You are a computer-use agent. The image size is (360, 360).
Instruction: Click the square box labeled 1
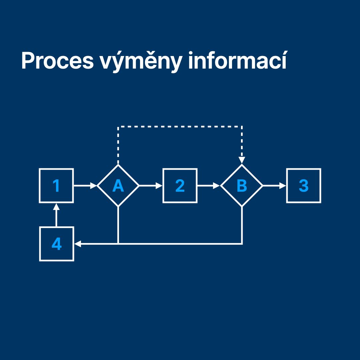pos(56,186)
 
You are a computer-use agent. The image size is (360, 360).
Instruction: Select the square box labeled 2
pos(180,186)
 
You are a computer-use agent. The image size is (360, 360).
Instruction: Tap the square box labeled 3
pos(303,186)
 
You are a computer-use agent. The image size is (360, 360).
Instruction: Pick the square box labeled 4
pos(56,244)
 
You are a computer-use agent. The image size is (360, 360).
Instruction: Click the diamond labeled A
pos(118,186)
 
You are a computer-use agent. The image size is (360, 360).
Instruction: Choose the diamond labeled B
pos(242,186)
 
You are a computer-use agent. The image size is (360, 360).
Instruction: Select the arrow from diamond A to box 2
pos(150,186)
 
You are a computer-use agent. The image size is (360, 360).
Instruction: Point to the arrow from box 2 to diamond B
pos(208,186)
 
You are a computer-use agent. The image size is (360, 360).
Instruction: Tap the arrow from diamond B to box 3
pos(274,186)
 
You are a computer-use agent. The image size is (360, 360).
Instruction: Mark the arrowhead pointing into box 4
pos(77,244)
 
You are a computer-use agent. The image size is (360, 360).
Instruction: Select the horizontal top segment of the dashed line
pos(180,127)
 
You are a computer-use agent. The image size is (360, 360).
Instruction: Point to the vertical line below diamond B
pos(242,225)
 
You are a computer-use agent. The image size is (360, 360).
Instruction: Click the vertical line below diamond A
pos(118,225)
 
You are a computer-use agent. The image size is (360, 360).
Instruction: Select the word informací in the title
pos(237,61)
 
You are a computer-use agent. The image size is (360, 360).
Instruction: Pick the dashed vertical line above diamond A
pos(118,145)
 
